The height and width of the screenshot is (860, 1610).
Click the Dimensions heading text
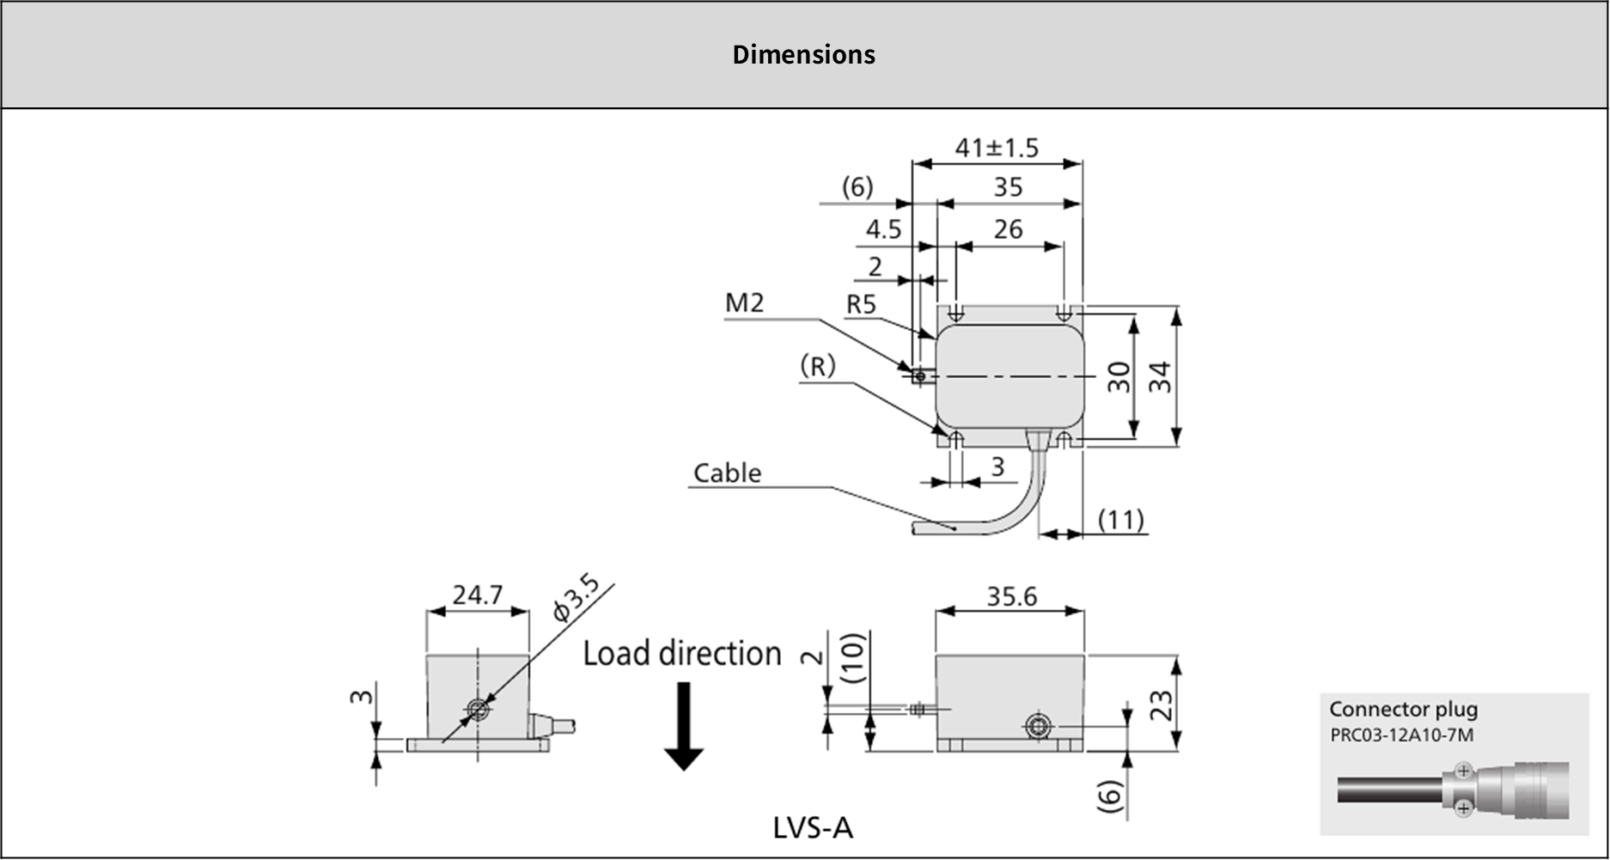803,55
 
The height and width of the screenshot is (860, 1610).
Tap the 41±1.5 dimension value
997,148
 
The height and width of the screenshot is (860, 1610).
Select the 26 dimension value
1008,229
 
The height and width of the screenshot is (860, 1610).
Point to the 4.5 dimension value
883,229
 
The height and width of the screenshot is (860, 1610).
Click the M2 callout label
744,302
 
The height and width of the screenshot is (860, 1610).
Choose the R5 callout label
861,304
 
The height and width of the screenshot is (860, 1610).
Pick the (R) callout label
817,367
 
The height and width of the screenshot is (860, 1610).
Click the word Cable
727,473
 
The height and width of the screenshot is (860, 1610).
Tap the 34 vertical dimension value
1161,377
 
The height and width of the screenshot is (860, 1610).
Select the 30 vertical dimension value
1119,377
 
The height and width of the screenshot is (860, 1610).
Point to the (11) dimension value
1120,520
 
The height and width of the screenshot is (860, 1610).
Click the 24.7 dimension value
477,595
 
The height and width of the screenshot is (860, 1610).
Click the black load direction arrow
684,726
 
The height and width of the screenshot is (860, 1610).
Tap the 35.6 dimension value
1011,596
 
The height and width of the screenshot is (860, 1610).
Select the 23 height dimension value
1162,705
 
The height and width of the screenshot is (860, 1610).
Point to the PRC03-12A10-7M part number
1401,735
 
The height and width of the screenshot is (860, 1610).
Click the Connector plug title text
1403,710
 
